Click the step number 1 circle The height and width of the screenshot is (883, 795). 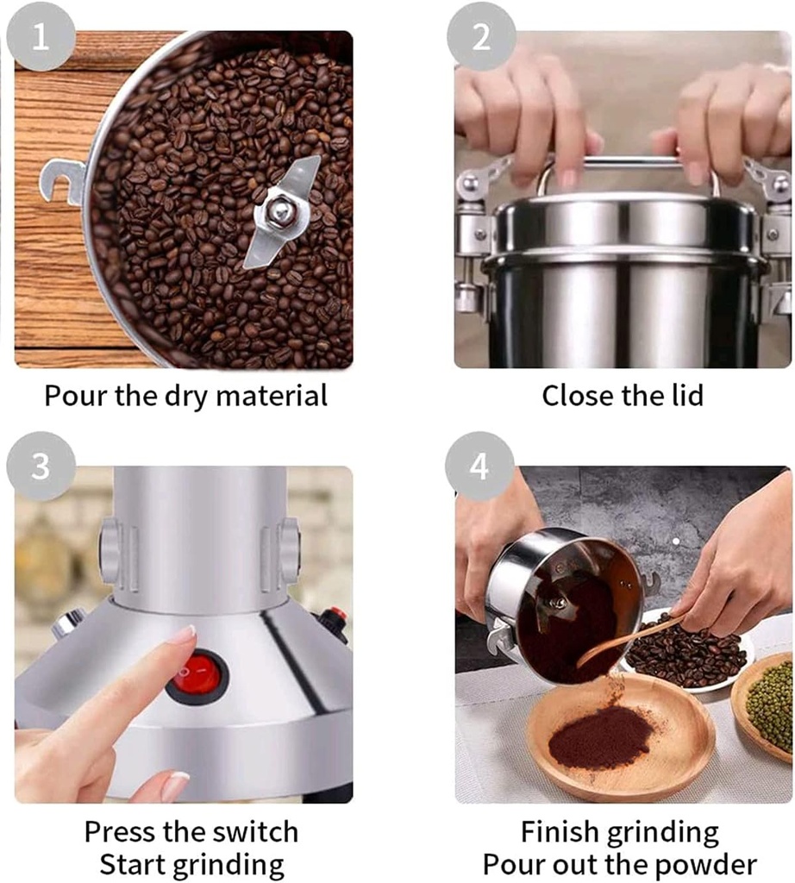41,38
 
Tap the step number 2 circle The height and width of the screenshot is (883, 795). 481,37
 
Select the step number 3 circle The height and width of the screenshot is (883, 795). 41,467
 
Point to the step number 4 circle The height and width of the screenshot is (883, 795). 479,467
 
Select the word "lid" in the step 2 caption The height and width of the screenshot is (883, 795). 682,396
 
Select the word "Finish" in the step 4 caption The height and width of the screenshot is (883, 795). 560,832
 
